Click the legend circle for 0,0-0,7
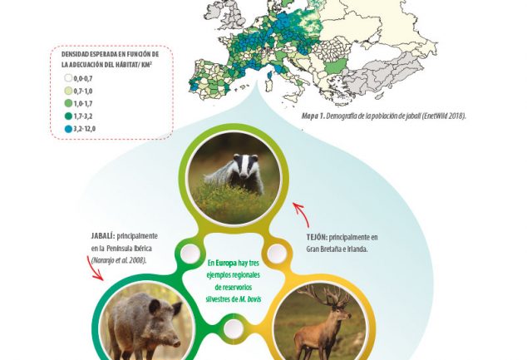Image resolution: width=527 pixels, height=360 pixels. click(68, 78)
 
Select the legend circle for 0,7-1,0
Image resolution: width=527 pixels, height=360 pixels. click(68, 91)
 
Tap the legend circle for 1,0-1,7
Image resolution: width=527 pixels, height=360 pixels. click(68, 103)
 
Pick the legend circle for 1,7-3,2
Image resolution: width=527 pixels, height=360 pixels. click(68, 116)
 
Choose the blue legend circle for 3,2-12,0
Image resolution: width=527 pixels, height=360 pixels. click(68, 128)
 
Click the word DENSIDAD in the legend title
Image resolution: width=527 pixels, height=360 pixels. click(72, 54)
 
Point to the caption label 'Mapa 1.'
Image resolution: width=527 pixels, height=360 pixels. click(313, 116)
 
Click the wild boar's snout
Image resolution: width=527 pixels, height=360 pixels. click(175, 343)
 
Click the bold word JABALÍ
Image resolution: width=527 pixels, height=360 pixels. click(103, 236)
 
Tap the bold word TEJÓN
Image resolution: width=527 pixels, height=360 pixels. click(317, 237)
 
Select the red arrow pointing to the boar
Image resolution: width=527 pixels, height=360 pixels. click(94, 268)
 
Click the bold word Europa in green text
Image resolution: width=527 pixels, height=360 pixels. click(226, 263)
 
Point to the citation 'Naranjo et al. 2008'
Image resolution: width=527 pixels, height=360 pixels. click(119, 260)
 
